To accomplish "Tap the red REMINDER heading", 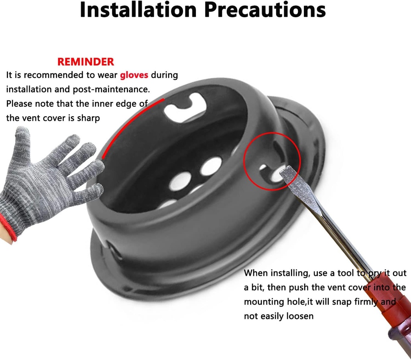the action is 86,62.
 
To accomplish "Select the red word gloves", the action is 134,75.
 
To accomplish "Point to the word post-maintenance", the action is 111,89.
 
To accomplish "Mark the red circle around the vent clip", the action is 272,161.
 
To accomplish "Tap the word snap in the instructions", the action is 342,302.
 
